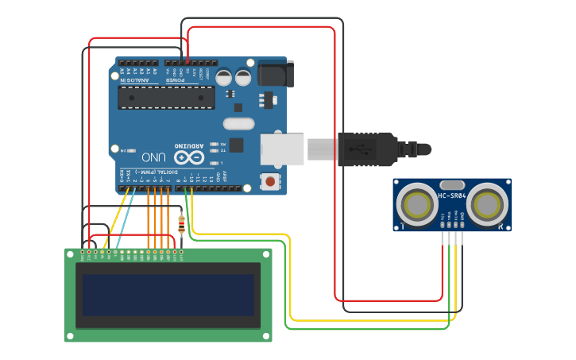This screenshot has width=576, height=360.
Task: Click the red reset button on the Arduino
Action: (272, 182)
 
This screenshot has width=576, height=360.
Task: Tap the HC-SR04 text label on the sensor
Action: (451, 195)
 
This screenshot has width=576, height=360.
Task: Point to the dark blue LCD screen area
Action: (168, 294)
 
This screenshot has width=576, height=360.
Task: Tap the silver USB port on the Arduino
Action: (283, 149)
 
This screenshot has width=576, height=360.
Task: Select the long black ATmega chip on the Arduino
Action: (166, 97)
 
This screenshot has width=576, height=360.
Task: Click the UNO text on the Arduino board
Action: (149, 157)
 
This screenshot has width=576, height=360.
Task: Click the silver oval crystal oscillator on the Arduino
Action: (238, 123)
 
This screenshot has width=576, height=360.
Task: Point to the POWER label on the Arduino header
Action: (176, 80)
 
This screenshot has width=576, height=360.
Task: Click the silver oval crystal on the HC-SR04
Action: (451, 184)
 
